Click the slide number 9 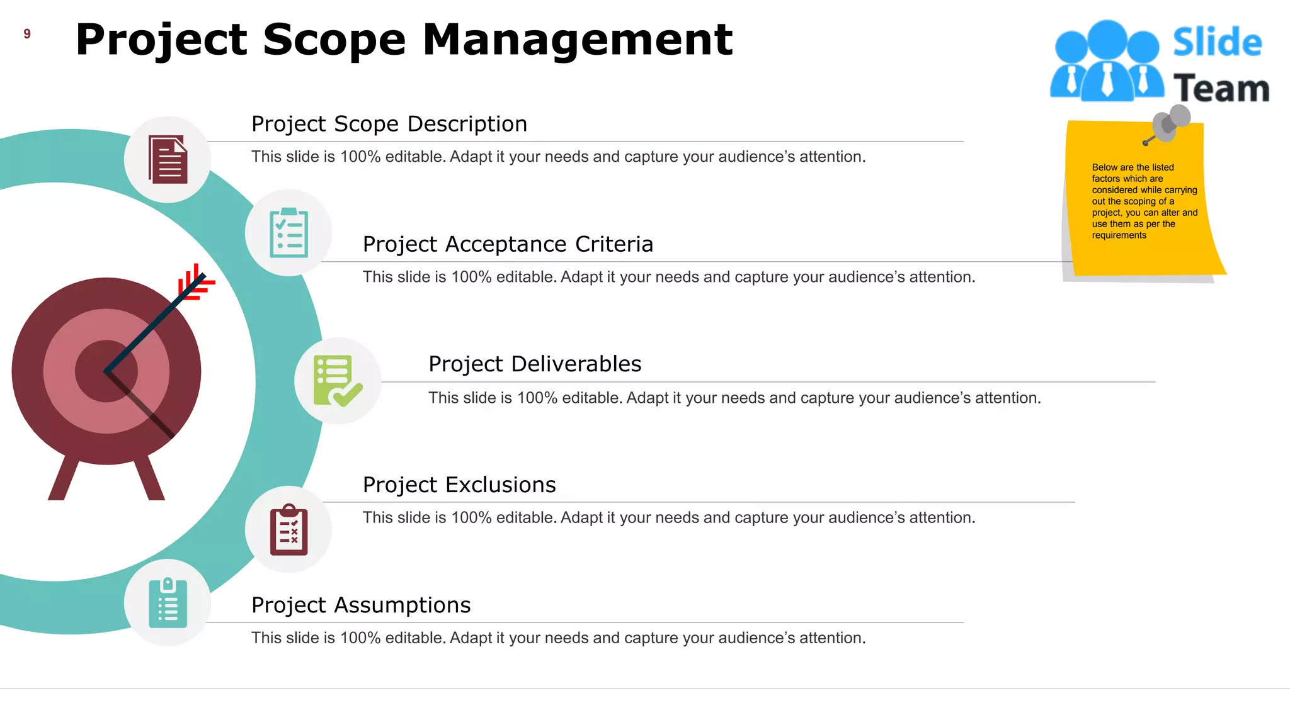coord(27,34)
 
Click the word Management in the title coord(577,40)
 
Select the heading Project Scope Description coord(389,124)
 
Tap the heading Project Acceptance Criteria coord(508,244)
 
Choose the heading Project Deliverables coord(535,364)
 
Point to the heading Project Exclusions coord(459,485)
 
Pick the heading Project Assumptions coord(361,605)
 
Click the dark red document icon coord(168,159)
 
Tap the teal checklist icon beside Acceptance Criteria coord(288,233)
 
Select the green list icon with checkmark coord(338,381)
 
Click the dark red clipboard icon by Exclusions coord(288,530)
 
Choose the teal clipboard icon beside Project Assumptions coord(168,603)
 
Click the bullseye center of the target coord(106,371)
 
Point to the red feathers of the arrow coord(195,282)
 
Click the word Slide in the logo coord(1217,43)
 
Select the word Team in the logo coord(1221,88)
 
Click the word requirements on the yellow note coord(1119,235)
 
